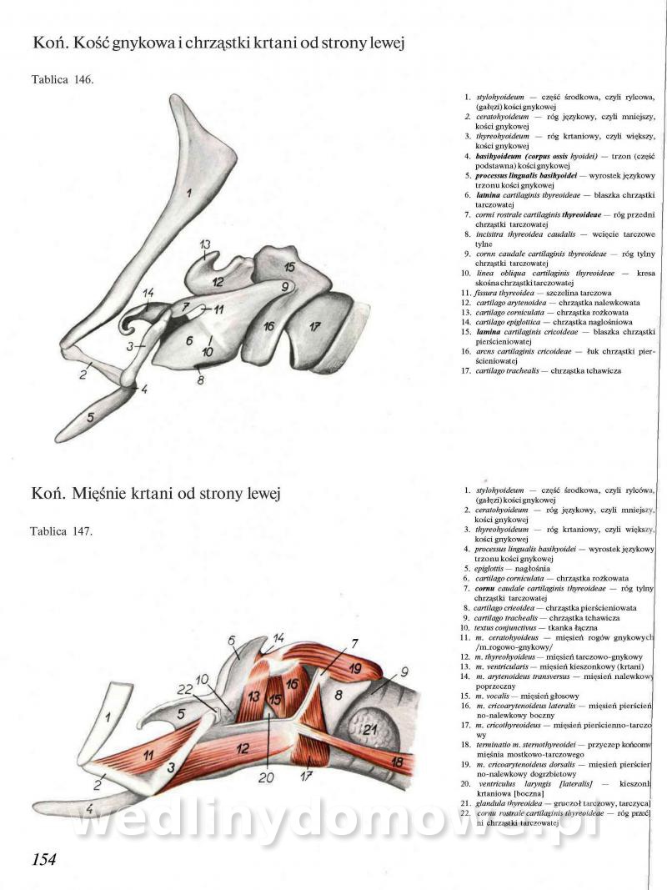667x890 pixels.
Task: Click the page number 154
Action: tap(43, 860)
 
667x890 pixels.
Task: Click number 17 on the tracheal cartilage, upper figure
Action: tap(313, 326)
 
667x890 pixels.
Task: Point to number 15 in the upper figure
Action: tap(288, 267)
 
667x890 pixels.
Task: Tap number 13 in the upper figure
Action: tap(205, 244)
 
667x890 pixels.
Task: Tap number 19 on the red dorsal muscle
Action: tap(355, 668)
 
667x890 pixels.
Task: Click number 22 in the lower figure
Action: tap(185, 689)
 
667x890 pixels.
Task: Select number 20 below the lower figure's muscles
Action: tap(266, 777)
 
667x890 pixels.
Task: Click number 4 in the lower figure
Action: tap(88, 809)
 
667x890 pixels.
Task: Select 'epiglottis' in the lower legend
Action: tap(480, 567)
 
